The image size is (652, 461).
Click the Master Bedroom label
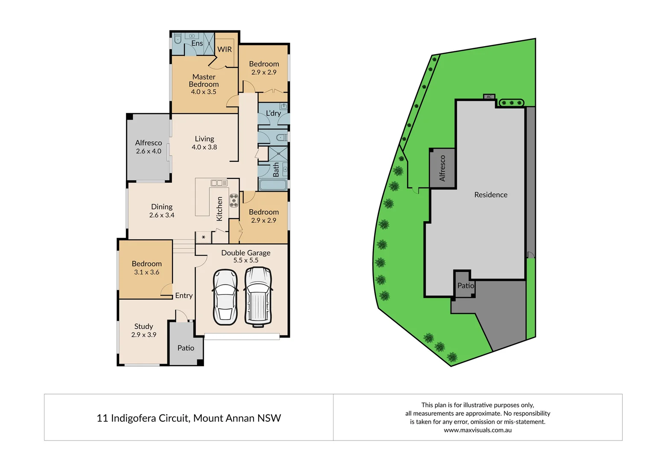click(204, 81)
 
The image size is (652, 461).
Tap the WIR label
click(225, 50)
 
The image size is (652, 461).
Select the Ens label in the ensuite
click(197, 44)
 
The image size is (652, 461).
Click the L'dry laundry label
click(273, 113)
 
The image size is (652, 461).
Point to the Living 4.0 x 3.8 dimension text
click(204, 147)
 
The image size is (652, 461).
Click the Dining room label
click(162, 207)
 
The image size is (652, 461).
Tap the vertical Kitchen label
click(219, 209)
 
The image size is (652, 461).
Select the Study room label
click(143, 327)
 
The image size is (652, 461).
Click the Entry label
click(184, 295)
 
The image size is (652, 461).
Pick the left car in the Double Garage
click(225, 297)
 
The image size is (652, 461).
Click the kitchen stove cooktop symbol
click(234, 201)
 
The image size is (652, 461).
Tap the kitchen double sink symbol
click(219, 183)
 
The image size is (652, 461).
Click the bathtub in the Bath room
click(273, 185)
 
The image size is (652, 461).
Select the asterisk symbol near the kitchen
click(204, 237)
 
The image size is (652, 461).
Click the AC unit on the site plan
click(489, 97)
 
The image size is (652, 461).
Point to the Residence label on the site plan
click(491, 195)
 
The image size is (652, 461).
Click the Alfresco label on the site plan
click(442, 168)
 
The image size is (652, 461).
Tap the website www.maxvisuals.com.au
click(477, 430)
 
